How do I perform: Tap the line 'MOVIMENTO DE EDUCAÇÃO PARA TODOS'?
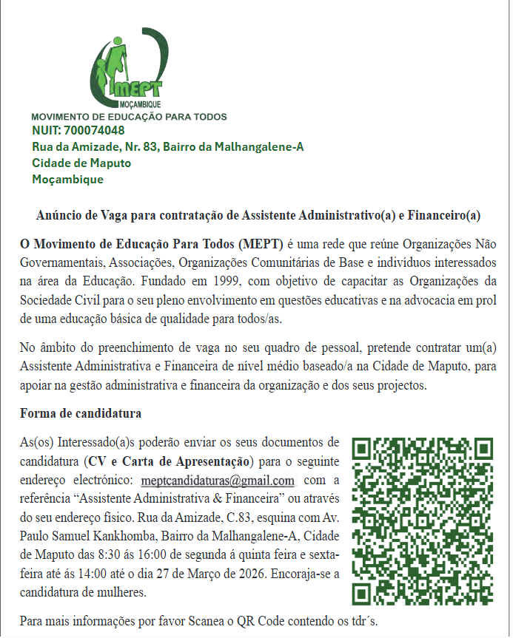point(129,117)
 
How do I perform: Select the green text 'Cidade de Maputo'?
point(81,163)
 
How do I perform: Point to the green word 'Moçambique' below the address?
point(68,179)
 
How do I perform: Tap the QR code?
point(422,522)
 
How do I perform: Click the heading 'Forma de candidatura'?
point(81,413)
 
